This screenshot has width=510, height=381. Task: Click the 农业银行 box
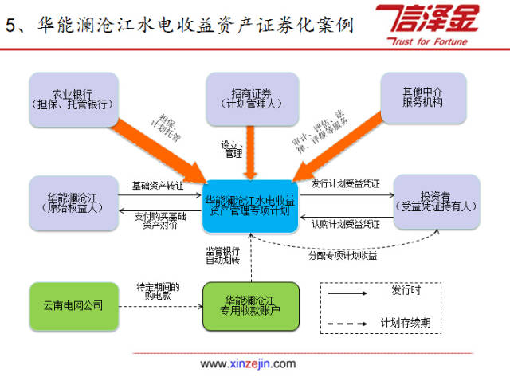(73, 97)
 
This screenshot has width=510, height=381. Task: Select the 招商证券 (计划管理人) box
(252, 97)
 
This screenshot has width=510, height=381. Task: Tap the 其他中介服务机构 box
(423, 97)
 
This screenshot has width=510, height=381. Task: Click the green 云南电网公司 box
(73, 305)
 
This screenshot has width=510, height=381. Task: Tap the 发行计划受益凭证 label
(346, 184)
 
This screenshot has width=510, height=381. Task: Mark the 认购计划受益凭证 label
(345, 223)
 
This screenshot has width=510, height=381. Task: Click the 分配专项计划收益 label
(343, 256)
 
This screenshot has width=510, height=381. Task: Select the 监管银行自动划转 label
(223, 256)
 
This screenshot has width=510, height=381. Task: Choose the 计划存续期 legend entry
(406, 323)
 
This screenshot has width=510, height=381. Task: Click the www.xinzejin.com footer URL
(248, 364)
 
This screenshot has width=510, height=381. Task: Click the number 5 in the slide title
(10, 24)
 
